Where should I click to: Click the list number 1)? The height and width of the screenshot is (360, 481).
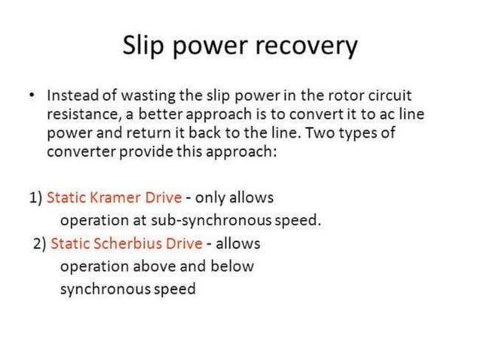[35, 198]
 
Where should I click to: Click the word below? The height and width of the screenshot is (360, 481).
[229, 266]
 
